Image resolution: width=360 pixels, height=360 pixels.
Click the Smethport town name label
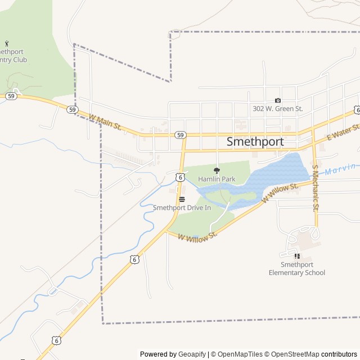[255, 142]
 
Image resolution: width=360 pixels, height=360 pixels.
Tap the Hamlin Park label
[217, 179]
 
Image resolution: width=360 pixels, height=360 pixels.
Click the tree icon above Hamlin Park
[217, 170]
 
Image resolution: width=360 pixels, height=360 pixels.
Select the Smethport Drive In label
[182, 208]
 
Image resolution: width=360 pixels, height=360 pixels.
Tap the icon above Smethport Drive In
[182, 199]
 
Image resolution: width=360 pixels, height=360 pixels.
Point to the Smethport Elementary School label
[296, 269]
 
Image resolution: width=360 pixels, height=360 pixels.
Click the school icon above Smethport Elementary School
[297, 256]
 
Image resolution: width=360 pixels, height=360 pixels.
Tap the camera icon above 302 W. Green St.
[277, 100]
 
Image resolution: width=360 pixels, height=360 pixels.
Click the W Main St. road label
[105, 122]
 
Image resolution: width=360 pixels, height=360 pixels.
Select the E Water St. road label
[343, 133]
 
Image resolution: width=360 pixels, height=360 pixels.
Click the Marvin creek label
[342, 168]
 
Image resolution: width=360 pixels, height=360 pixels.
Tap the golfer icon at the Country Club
[7, 44]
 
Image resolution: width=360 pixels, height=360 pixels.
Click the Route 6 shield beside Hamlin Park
[179, 177]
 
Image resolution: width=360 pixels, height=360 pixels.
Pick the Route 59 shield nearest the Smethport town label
[179, 135]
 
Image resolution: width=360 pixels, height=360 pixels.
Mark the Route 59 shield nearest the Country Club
[11, 97]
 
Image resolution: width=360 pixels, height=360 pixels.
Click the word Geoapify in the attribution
[192, 354]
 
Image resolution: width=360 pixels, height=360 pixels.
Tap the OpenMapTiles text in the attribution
[240, 354]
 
